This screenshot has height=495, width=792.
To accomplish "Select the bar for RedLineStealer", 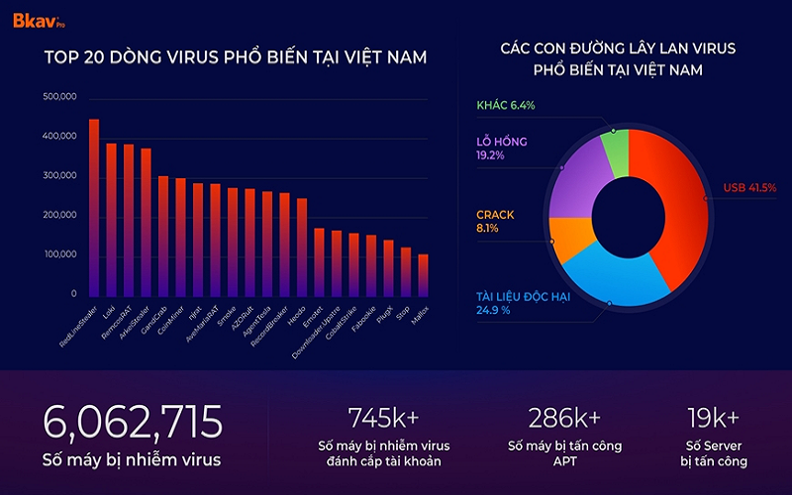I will tap(94, 208).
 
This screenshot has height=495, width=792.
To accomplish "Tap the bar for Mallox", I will tap(424, 275).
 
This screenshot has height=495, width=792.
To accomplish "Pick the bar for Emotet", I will tap(319, 262).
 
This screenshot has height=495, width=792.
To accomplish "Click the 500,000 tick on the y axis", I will tap(59, 97).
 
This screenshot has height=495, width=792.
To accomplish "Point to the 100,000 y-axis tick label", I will tap(59, 255).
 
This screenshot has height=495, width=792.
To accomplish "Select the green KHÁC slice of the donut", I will tap(615, 153).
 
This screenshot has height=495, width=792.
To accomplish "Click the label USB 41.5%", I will tap(749, 188).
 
